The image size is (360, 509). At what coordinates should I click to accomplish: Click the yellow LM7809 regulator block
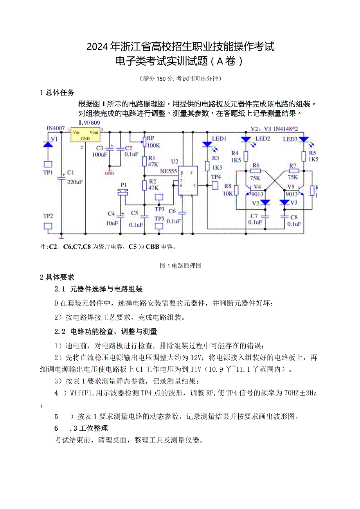coord(85,135)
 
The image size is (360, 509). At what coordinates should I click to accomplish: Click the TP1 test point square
coord(48,164)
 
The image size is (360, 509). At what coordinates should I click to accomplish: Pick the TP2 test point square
coord(48,226)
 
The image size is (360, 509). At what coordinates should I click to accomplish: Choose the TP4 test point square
coord(215,185)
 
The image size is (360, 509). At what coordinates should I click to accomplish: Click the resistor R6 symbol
coord(256,171)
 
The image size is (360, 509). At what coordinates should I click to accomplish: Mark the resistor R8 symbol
coord(236,190)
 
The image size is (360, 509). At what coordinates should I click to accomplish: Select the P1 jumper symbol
coord(123,192)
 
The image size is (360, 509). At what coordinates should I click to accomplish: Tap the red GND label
coord(110,173)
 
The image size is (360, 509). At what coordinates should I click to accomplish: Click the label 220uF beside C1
coord(74,182)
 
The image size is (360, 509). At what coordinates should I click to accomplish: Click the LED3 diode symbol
coord(304,139)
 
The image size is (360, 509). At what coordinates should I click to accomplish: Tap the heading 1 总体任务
coord(57,93)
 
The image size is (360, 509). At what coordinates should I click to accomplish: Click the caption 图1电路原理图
coord(181,266)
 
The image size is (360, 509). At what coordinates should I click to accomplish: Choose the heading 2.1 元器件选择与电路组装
coord(99,289)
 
